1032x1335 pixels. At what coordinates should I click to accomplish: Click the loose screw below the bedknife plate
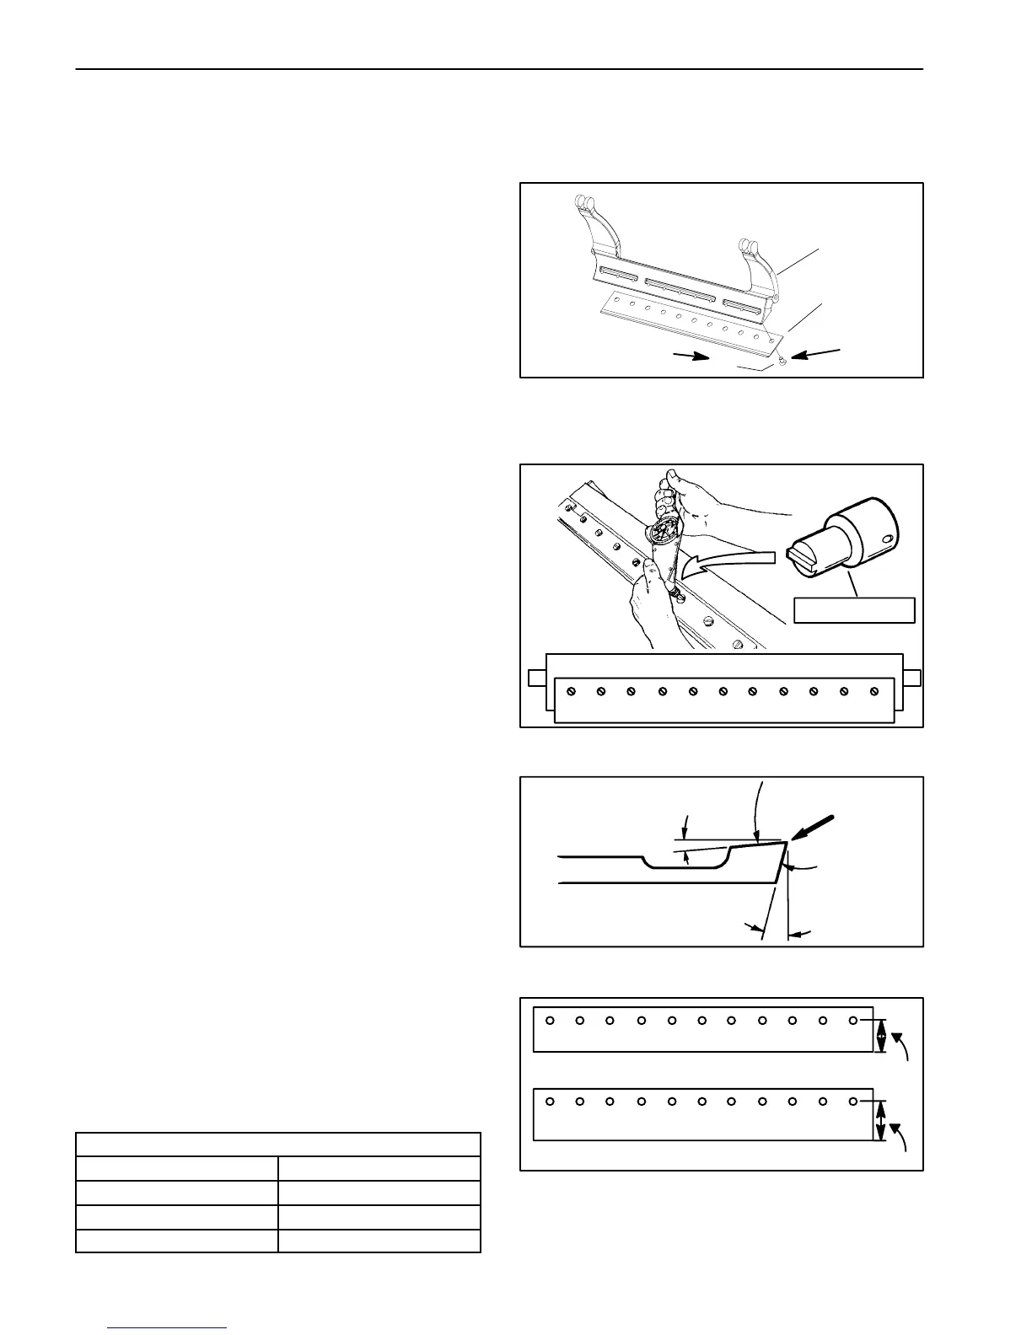click(x=783, y=361)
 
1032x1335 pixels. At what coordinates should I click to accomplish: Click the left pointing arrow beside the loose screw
click(x=817, y=354)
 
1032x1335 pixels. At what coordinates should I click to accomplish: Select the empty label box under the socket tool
click(x=854, y=610)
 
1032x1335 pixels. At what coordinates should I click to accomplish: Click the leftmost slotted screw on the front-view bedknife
click(x=571, y=691)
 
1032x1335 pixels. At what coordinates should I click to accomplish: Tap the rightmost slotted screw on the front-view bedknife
click(x=873, y=691)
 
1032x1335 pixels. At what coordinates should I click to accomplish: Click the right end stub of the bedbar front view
click(x=912, y=678)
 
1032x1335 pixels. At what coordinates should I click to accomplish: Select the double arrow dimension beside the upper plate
click(x=882, y=1036)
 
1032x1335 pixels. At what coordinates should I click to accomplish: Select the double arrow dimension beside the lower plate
click(x=882, y=1121)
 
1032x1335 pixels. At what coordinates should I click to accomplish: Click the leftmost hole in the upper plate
click(x=550, y=1021)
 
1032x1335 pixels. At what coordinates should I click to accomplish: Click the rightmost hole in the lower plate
click(x=853, y=1102)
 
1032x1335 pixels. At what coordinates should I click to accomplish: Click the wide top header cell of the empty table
click(x=278, y=1145)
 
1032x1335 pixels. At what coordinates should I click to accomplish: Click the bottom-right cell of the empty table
click(x=379, y=1241)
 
